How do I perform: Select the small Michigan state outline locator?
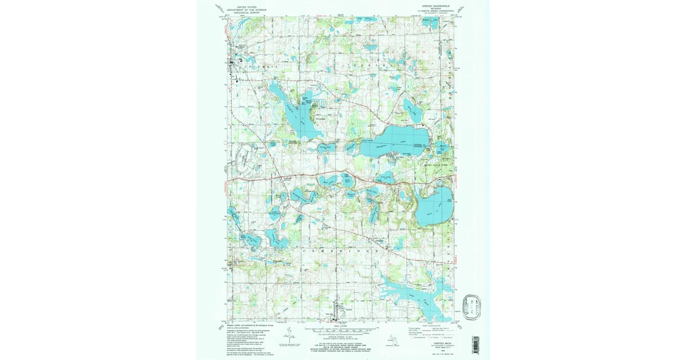pyautogui.click(x=390, y=339)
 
